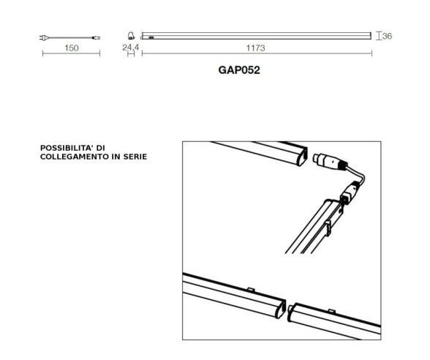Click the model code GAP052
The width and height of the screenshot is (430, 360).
(240, 71)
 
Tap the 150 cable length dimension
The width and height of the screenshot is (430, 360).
(71, 48)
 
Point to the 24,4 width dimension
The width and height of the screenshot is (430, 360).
(130, 48)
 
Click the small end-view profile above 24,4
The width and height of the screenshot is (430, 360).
(131, 34)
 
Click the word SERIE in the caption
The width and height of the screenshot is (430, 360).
(133, 157)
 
